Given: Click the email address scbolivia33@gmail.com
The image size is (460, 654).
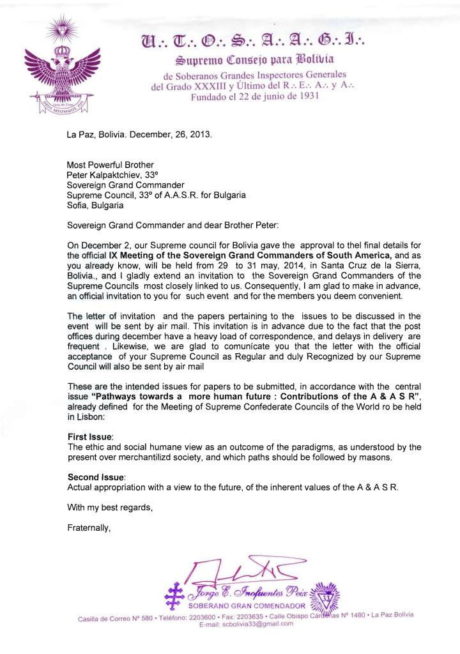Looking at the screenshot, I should pos(247,624).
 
